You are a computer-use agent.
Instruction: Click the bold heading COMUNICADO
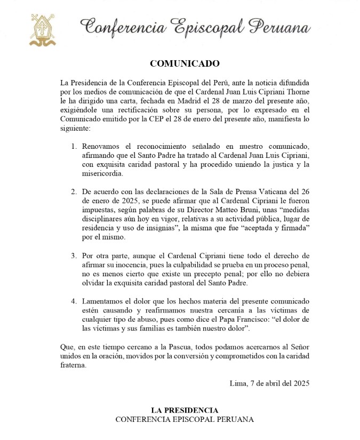185,63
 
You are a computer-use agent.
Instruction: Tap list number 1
74,146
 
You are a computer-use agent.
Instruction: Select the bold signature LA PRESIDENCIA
185,410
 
